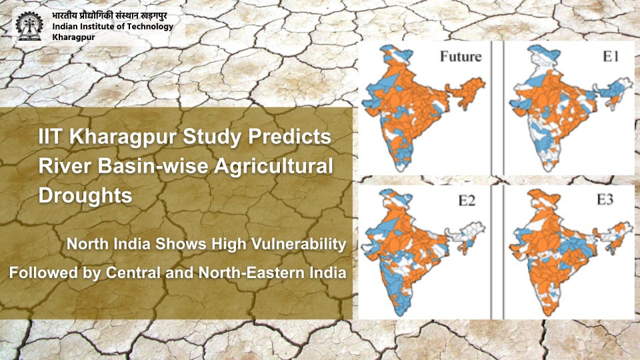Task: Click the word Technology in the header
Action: (147, 27)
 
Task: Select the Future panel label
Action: (460, 57)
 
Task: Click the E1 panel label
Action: (611, 57)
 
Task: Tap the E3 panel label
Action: (605, 200)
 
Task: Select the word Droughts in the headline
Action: (85, 196)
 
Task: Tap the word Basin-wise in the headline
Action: (149, 167)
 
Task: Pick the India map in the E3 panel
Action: (560, 250)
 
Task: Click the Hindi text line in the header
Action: (111, 15)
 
